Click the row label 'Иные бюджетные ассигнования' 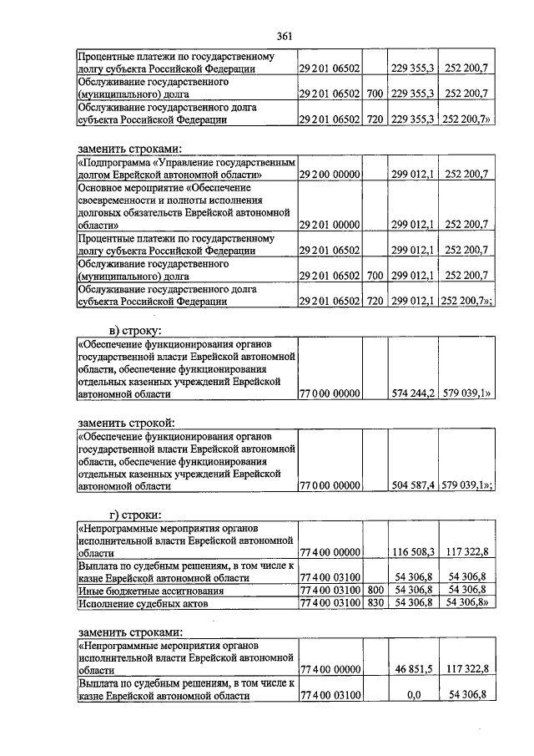pos(146,590)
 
